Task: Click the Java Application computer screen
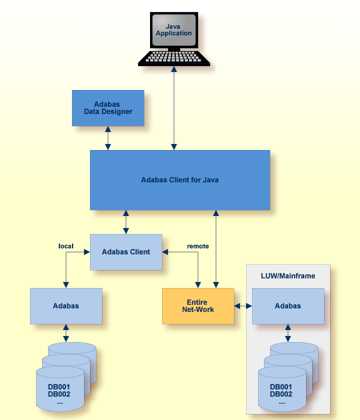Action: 173,31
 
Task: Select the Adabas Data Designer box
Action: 108,108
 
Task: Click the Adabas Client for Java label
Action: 180,179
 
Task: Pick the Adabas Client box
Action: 126,252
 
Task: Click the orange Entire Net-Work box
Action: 198,306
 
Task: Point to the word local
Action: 66,246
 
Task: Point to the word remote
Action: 198,246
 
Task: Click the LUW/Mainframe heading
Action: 288,275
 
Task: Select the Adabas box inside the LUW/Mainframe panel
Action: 288,306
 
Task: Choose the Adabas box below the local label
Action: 66,306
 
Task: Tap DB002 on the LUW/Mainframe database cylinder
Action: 281,394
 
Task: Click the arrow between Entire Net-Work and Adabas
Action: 243,306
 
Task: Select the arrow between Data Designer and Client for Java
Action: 108,138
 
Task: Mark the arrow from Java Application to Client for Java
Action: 174,108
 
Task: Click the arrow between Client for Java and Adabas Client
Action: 126,222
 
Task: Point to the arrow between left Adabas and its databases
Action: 66,333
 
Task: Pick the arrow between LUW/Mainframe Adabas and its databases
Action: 288,333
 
